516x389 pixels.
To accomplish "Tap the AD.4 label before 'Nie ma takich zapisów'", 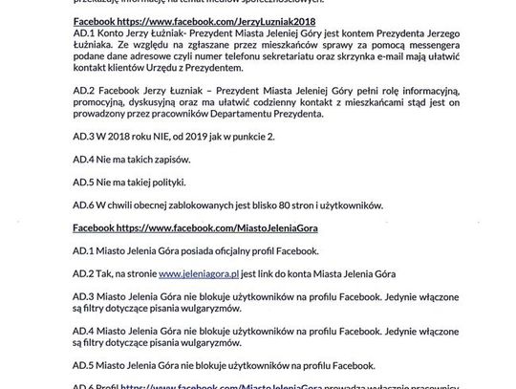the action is point(84,160).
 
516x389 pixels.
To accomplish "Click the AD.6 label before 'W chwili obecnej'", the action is point(84,205).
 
